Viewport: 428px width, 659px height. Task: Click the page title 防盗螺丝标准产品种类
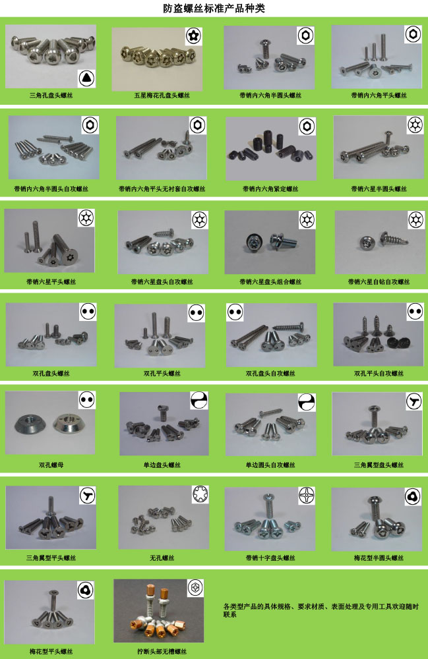(x=214, y=9)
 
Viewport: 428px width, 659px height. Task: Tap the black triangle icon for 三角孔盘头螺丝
(x=86, y=78)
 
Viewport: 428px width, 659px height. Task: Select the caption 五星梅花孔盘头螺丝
(x=162, y=96)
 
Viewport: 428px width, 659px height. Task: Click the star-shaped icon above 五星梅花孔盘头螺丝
(x=193, y=36)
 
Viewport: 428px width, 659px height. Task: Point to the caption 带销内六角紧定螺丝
(x=270, y=188)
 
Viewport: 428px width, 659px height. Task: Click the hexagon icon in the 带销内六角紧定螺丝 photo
(x=307, y=126)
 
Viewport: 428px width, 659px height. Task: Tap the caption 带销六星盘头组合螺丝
(x=270, y=281)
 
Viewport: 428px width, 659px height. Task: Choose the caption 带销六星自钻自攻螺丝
(x=379, y=281)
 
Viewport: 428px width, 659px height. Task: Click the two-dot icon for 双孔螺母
(x=86, y=400)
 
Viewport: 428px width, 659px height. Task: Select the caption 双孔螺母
(x=51, y=465)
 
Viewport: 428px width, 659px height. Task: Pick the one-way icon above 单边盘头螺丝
(x=199, y=401)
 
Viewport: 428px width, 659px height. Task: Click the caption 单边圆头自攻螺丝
(x=270, y=465)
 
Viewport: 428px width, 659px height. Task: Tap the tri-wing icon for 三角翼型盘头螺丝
(x=413, y=401)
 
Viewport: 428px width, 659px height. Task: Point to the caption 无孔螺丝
(x=162, y=558)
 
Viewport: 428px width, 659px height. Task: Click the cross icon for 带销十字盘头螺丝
(x=307, y=496)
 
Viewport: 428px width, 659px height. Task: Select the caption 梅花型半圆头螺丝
(x=379, y=558)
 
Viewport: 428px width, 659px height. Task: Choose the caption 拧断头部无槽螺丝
(x=162, y=651)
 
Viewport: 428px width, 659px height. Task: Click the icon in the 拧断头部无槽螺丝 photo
(x=195, y=588)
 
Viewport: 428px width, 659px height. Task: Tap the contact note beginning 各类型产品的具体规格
(x=321, y=610)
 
